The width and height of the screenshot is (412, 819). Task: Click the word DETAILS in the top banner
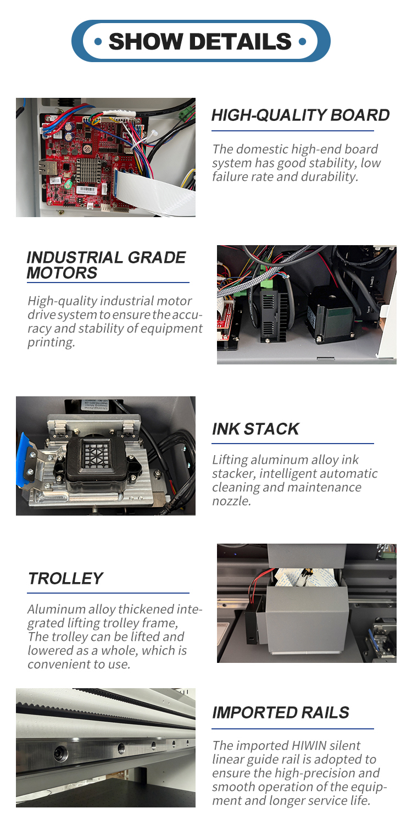click(240, 41)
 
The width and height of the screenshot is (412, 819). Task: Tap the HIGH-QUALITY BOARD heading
click(300, 115)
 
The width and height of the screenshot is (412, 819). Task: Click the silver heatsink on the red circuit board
click(88, 170)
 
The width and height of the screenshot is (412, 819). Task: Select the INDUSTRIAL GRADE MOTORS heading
click(106, 265)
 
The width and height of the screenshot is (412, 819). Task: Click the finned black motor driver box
click(274, 315)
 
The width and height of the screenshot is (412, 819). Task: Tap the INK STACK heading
click(255, 429)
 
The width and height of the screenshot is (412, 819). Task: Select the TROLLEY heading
click(66, 578)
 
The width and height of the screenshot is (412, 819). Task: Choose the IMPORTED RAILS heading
click(281, 712)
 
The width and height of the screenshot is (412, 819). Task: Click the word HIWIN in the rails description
click(309, 745)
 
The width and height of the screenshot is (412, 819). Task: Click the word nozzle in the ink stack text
click(232, 501)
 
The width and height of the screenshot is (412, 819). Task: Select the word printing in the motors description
click(51, 342)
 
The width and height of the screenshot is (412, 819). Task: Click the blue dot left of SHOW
click(98, 42)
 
